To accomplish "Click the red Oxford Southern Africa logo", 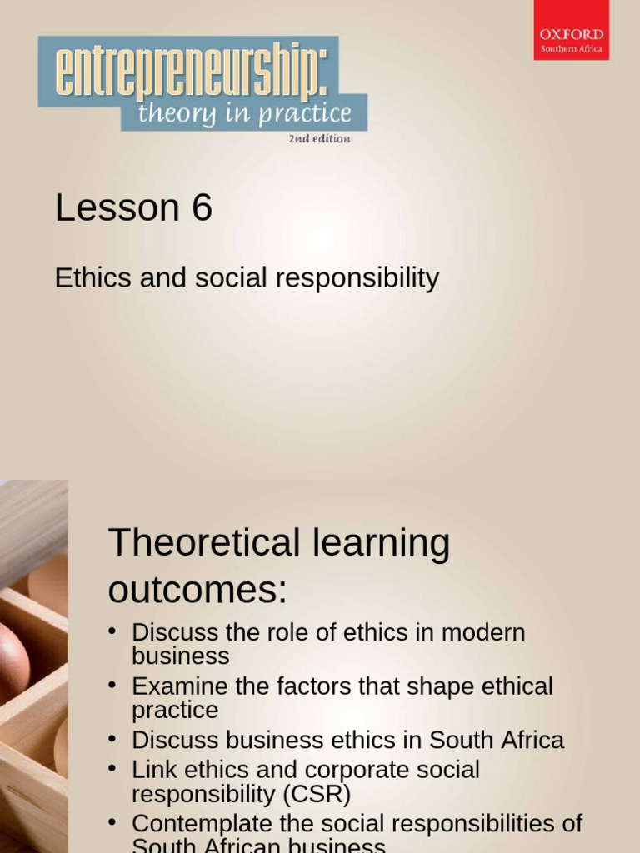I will tap(571, 31).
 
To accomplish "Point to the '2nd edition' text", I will tap(319, 139).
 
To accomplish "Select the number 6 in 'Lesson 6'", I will tap(202, 208).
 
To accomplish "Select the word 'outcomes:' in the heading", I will tap(197, 591).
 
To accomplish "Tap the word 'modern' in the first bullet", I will tap(483, 632).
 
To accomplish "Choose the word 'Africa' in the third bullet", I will tap(533, 740).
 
